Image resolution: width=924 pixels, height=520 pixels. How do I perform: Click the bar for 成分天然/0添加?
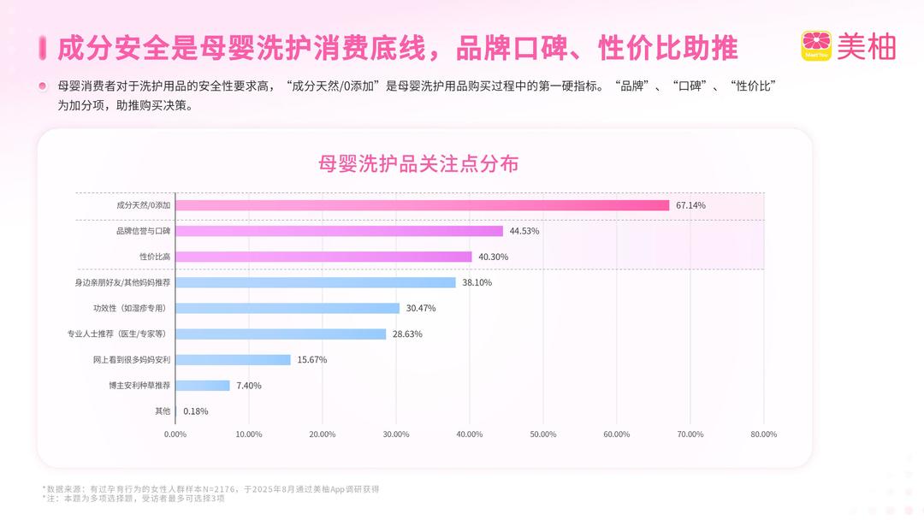coord(422,205)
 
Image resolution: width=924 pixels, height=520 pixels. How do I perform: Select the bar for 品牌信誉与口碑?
coord(339,231)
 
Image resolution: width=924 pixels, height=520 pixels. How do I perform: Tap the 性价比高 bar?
coord(323,257)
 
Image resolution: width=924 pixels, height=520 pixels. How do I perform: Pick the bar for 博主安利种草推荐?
coord(203,386)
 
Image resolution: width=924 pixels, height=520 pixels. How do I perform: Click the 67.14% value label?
coord(690,205)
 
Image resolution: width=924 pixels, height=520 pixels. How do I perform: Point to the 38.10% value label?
coord(477,283)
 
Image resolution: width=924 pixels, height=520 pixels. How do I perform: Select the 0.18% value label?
coord(196,411)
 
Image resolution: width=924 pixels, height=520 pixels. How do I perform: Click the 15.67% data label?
coord(312,360)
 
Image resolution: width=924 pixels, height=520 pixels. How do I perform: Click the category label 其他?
coord(163,411)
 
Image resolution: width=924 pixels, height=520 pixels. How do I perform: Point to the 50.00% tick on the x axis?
coord(543,434)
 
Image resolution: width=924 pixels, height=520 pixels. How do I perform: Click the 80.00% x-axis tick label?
coord(763,434)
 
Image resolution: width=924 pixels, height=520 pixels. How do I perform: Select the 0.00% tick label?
coord(175,434)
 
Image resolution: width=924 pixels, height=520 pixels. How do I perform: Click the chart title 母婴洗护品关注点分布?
coord(418,164)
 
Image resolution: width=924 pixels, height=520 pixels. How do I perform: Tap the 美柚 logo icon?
coord(816,46)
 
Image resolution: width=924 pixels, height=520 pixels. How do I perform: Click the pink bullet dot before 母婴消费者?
coord(42,86)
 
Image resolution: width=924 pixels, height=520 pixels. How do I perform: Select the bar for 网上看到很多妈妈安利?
coord(233,360)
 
